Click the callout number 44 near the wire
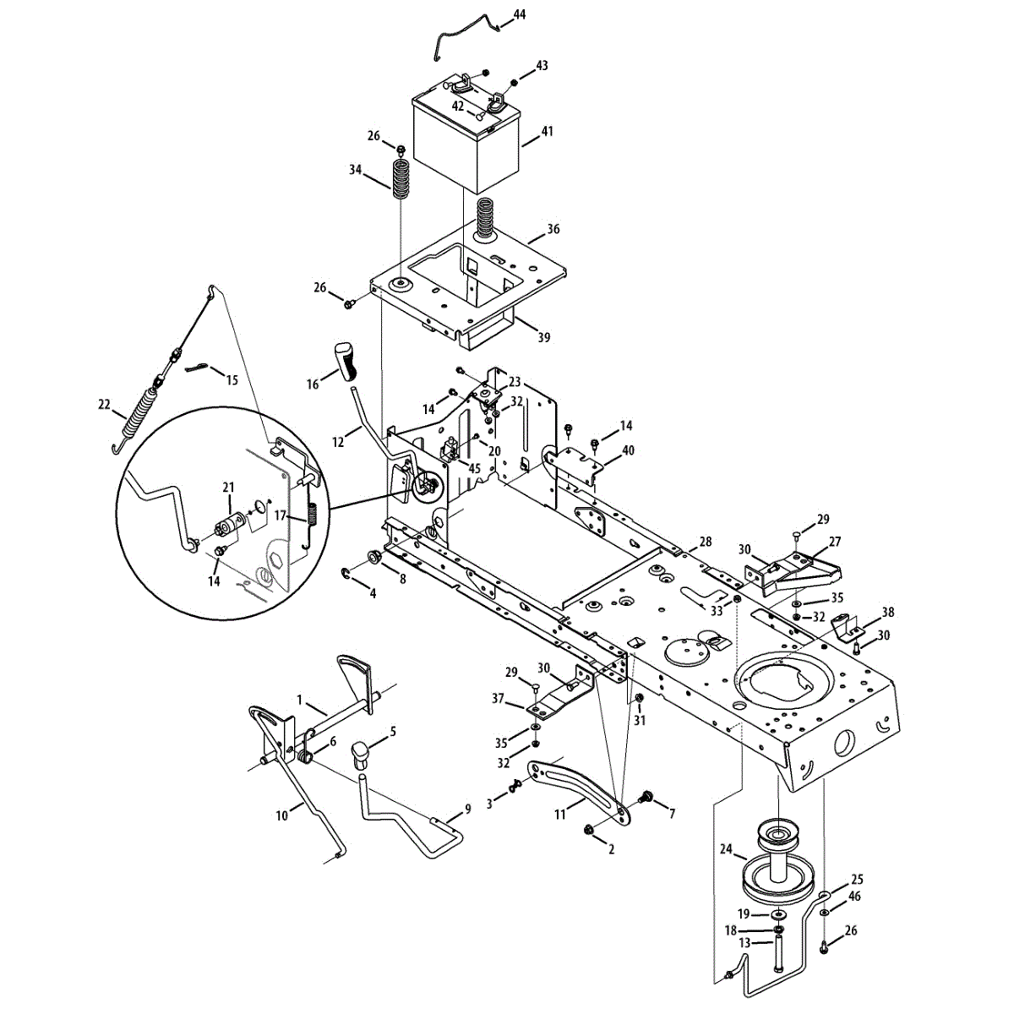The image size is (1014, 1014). click(519, 15)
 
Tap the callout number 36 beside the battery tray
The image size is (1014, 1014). click(553, 229)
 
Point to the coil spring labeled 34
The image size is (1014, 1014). click(402, 179)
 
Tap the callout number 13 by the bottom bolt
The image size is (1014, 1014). click(744, 943)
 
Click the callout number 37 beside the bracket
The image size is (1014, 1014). click(497, 699)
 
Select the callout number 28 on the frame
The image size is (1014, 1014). click(706, 541)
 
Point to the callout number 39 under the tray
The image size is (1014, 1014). click(543, 337)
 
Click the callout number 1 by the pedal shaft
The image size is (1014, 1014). click(299, 699)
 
